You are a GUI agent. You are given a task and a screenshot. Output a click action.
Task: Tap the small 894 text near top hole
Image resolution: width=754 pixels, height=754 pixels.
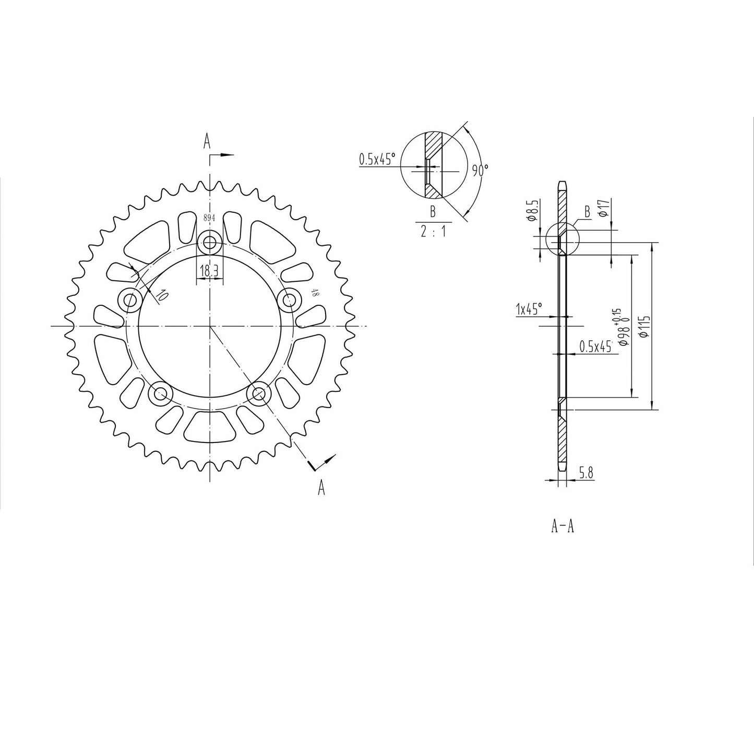tap(209, 219)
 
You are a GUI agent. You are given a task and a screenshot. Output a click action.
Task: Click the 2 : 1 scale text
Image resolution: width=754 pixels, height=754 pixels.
tap(433, 232)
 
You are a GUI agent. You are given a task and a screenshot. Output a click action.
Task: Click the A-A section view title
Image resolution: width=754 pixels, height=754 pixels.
tap(563, 527)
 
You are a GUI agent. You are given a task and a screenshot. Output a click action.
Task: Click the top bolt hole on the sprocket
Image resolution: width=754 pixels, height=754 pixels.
tap(210, 242)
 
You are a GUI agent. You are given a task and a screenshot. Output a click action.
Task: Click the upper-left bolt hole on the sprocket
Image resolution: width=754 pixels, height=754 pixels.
tap(129, 300)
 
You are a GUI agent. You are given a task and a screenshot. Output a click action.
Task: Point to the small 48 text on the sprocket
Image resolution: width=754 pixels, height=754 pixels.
tap(314, 293)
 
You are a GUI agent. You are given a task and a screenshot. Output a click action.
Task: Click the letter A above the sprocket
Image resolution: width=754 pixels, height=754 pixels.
tap(207, 141)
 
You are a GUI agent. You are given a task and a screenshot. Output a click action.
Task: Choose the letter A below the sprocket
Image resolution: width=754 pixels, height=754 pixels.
tap(321, 488)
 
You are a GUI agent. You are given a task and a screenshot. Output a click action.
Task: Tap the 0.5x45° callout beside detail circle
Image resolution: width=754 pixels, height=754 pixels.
tap(377, 159)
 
